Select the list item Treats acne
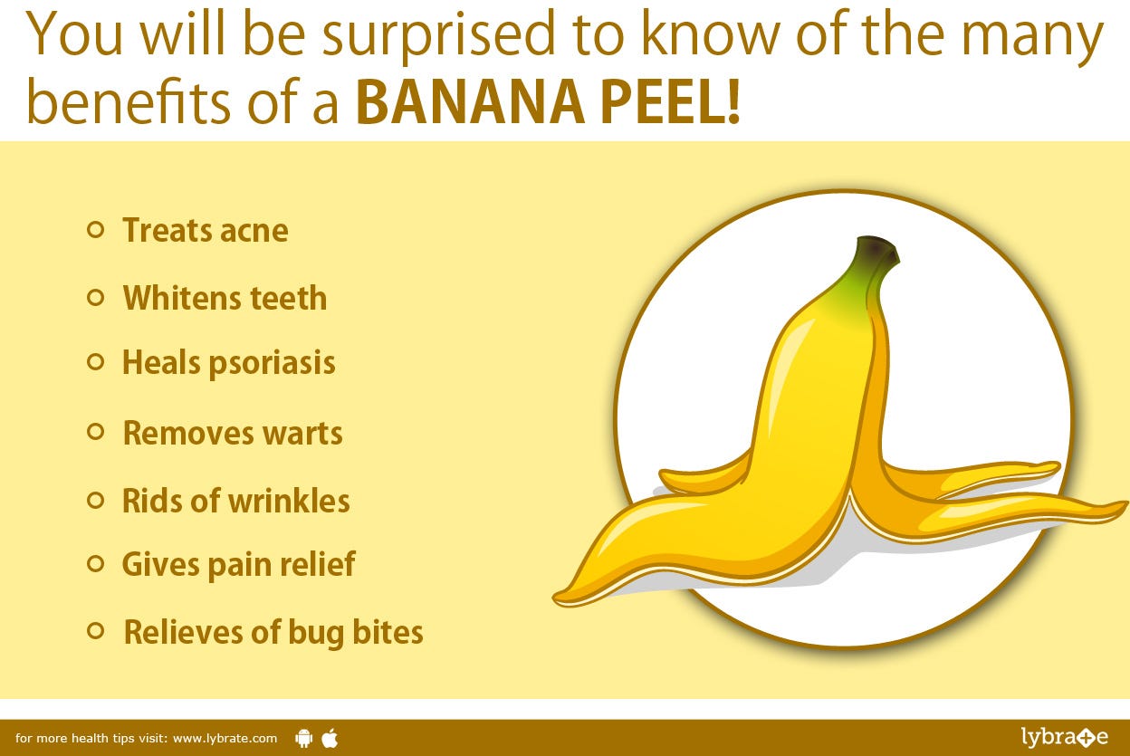click(x=206, y=230)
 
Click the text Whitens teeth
click(x=225, y=298)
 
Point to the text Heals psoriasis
click(x=229, y=363)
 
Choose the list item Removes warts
click(x=233, y=433)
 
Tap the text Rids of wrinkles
click(x=235, y=501)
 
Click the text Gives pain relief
click(x=238, y=564)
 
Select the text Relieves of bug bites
click(x=273, y=631)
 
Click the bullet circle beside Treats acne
click(x=95, y=230)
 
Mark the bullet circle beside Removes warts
click(x=95, y=432)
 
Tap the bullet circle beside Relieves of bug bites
click(x=95, y=630)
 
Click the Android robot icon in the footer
click(x=303, y=738)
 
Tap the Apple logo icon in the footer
click(x=330, y=738)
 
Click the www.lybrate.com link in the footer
click(x=225, y=738)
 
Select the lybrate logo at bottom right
click(x=1064, y=737)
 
